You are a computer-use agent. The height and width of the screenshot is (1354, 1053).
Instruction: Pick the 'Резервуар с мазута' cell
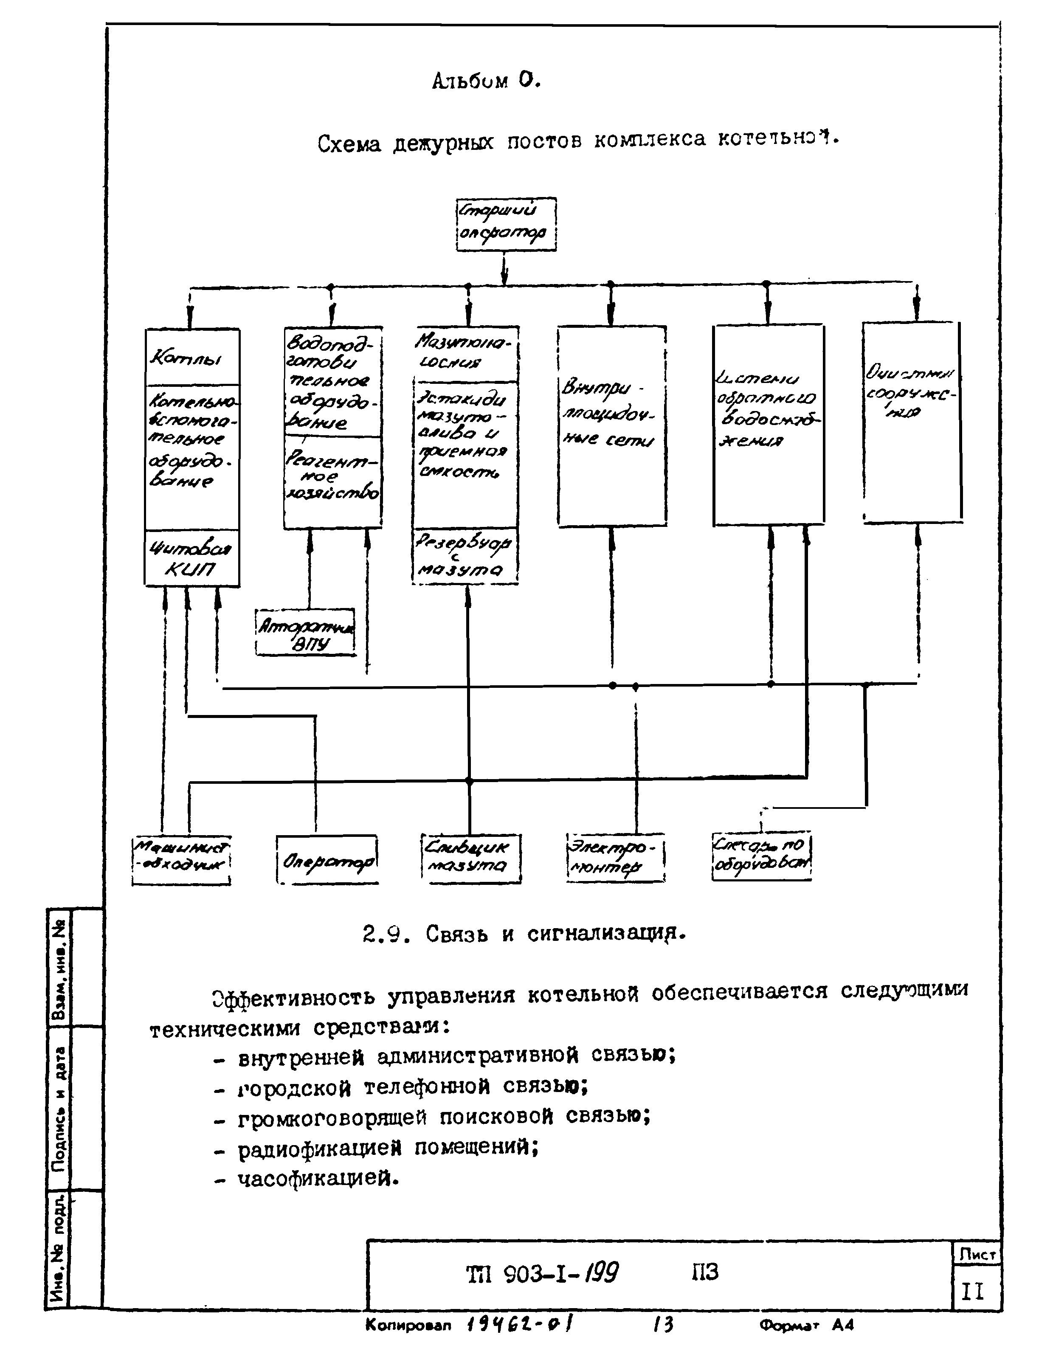pyautogui.click(x=465, y=555)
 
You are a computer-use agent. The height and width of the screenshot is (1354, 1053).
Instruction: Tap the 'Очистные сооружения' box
pyautogui.click(x=912, y=422)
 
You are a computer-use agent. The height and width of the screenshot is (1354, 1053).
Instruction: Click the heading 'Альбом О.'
pyautogui.click(x=486, y=81)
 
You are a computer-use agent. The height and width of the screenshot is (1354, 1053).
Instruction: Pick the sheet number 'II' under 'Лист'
pyautogui.click(x=972, y=1292)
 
